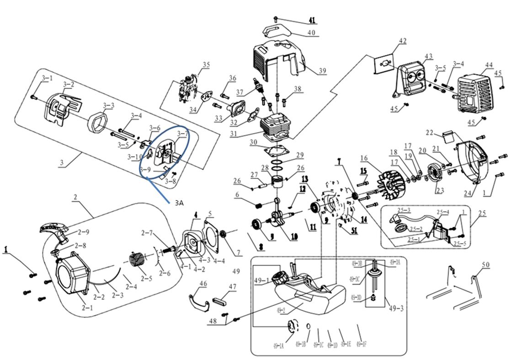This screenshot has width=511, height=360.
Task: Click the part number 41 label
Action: tap(312, 20)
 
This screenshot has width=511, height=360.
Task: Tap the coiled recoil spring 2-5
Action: tap(138, 263)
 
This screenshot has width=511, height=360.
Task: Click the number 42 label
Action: tap(402, 41)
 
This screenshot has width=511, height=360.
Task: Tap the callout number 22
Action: tap(429, 133)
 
